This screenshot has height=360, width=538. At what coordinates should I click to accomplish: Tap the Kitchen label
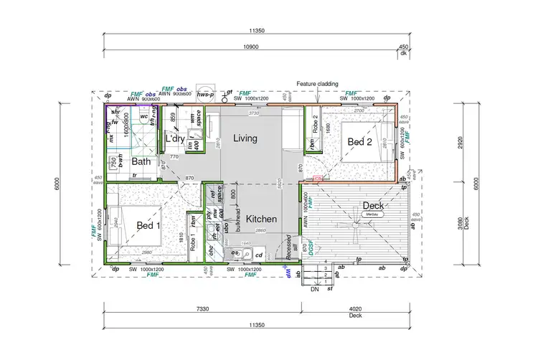coord(261,218)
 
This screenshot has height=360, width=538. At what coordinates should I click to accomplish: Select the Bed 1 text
coord(148,225)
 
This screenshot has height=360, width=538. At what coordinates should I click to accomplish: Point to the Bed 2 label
coord(360,143)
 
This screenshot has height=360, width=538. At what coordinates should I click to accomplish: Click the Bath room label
coord(141,162)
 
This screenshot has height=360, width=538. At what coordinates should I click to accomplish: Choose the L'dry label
coord(174,138)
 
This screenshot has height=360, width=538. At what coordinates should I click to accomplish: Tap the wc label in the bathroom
coord(143,116)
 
